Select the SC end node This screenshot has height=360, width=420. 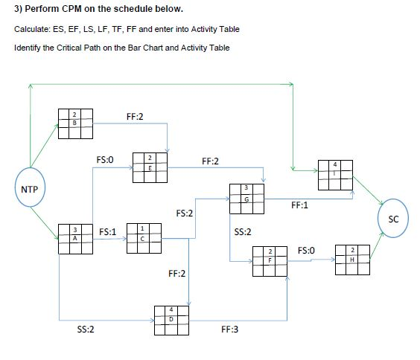(x=393, y=219)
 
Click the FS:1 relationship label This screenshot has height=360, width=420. (x=107, y=232)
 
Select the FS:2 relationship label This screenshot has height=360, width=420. (x=185, y=213)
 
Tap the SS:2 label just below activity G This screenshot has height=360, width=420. (x=243, y=232)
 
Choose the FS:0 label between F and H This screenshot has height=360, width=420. (x=308, y=252)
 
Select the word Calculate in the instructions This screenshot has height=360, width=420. (x=31, y=28)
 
